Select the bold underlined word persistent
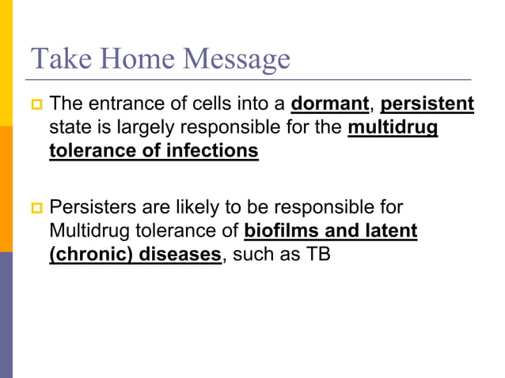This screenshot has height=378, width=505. [427, 104]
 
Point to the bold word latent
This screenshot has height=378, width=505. [389, 231]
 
